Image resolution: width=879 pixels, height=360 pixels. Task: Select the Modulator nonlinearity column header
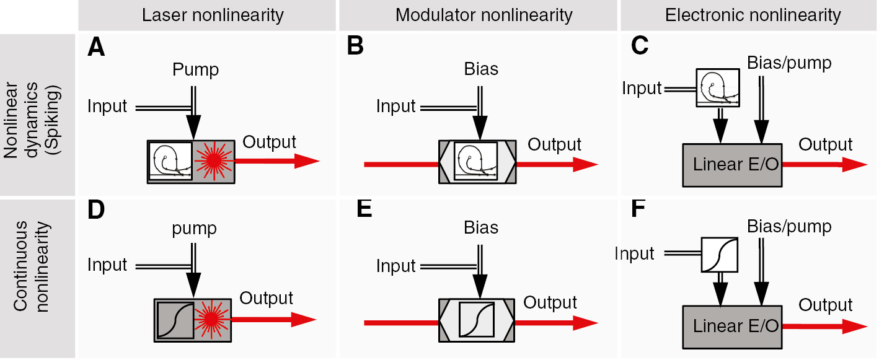click(484, 15)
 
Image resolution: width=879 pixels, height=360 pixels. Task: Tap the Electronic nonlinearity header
click(753, 15)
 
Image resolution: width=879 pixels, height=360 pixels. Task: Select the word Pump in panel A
click(195, 69)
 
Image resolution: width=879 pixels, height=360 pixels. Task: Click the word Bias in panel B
click(481, 69)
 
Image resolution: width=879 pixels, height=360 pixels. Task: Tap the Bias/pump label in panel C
click(789, 63)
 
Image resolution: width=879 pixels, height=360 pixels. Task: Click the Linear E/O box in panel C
click(732, 165)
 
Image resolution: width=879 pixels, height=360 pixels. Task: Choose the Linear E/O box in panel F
click(732, 325)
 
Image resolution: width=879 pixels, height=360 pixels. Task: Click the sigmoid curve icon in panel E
click(476, 319)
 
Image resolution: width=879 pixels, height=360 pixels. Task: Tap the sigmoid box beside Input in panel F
click(719, 255)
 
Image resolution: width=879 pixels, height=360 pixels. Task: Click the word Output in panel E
click(550, 302)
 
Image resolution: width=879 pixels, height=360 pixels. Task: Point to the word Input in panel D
click(107, 265)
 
